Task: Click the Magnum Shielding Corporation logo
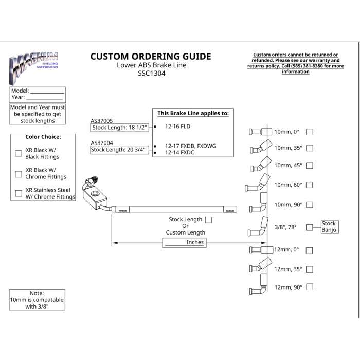coord(33,68)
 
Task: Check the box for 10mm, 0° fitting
coord(310,132)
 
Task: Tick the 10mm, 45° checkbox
coord(310,165)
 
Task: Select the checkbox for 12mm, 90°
coord(310,287)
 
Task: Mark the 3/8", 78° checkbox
coord(309,227)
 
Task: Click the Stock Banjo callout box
coord(330,227)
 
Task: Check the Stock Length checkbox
coord(208,220)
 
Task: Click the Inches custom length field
coord(184,243)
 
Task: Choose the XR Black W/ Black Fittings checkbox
coord(19,153)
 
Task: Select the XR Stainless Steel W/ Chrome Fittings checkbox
coord(19,193)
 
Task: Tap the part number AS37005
coord(102,121)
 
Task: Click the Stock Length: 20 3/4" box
coord(119,150)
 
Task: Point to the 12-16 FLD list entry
coord(178,127)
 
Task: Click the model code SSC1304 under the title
coord(152,73)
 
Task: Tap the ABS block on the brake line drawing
coord(95,197)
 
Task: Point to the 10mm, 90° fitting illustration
coord(259,203)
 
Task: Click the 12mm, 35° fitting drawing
coord(261,265)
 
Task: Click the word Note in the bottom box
coord(37,293)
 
